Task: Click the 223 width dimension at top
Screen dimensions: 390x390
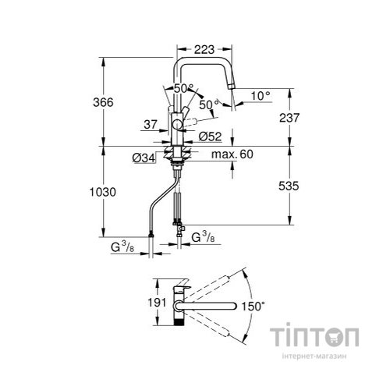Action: (x=204, y=49)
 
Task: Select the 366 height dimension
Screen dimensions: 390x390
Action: (x=115, y=102)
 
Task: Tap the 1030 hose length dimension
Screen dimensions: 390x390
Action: (x=116, y=191)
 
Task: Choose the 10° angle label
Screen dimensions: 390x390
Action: (x=260, y=95)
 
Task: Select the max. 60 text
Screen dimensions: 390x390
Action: (x=235, y=155)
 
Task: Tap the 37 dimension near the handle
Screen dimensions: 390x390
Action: (x=151, y=123)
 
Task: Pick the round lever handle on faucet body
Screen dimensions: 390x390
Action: (x=178, y=123)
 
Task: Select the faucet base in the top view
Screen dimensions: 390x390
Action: (x=180, y=301)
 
